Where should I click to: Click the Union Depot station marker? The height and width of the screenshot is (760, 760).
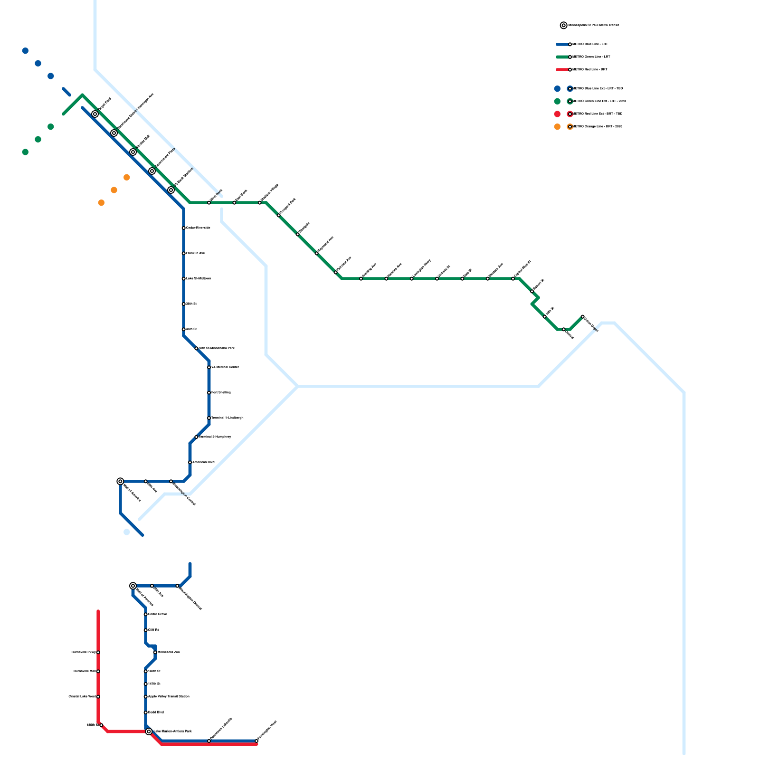pyautogui.click(x=582, y=316)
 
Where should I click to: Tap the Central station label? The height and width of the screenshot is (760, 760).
pyautogui.click(x=570, y=335)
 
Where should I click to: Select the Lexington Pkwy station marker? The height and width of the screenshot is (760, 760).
pyautogui.click(x=412, y=279)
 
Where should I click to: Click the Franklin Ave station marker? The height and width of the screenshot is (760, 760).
pyautogui.click(x=183, y=253)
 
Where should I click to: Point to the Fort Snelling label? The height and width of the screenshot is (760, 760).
pyautogui.click(x=221, y=392)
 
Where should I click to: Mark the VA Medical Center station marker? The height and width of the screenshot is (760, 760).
pyautogui.click(x=209, y=367)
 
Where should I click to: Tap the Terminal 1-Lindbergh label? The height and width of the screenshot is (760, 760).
pyautogui.click(x=227, y=418)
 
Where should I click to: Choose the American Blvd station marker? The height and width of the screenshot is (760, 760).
pyautogui.click(x=190, y=462)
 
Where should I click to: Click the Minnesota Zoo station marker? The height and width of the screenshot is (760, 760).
pyautogui.click(x=155, y=652)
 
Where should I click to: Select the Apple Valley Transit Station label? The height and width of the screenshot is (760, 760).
pyautogui.click(x=169, y=696)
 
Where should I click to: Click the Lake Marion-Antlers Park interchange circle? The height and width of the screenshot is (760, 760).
pyautogui.click(x=149, y=731)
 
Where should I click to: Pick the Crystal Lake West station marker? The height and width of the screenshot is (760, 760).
pyautogui.click(x=98, y=696)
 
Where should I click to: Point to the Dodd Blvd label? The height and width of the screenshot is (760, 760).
pyautogui.click(x=156, y=712)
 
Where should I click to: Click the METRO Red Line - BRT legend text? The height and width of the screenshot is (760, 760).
pyautogui.click(x=590, y=70)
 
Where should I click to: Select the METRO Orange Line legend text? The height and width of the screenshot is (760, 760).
pyautogui.click(x=598, y=127)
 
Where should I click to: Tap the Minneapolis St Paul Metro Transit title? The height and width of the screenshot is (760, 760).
pyautogui.click(x=594, y=25)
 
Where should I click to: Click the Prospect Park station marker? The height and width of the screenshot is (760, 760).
pyautogui.click(x=279, y=215)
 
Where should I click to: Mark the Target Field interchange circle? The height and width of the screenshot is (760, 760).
pyautogui.click(x=95, y=114)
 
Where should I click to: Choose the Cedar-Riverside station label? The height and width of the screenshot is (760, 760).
pyautogui.click(x=198, y=228)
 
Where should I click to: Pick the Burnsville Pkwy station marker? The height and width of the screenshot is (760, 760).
pyautogui.click(x=98, y=652)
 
